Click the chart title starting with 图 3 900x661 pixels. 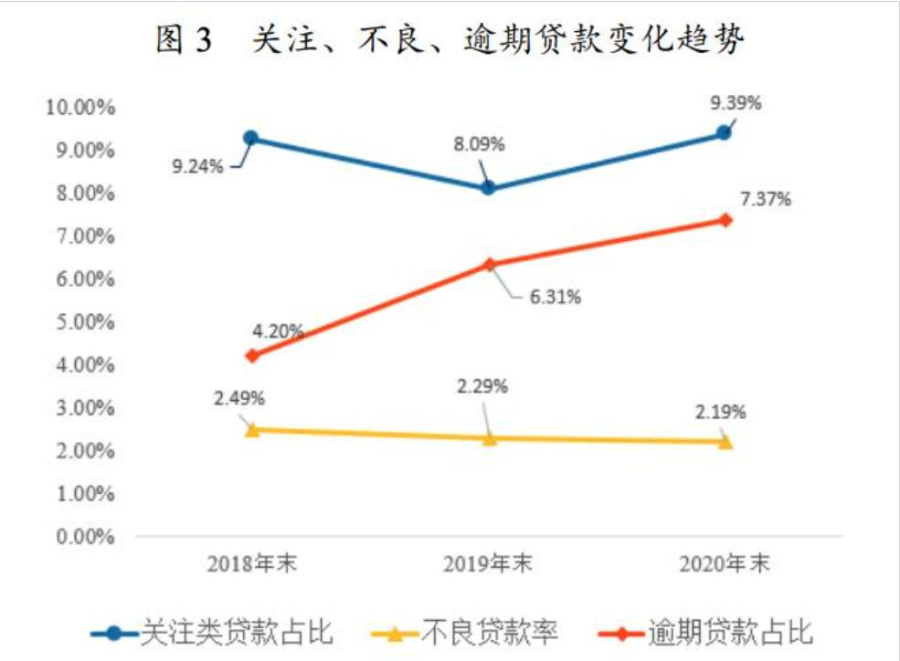point(450,41)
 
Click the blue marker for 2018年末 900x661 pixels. point(250,138)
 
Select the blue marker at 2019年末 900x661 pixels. point(489,187)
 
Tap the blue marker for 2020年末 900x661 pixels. point(724,132)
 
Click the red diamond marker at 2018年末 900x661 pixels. point(252,355)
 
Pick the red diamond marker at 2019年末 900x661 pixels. point(489,265)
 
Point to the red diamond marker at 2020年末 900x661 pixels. point(725,220)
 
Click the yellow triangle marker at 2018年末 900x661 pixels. point(252,429)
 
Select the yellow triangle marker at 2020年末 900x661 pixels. point(725,442)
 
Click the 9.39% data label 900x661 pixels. point(736,103)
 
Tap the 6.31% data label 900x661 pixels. point(555,297)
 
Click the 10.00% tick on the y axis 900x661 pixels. point(79,108)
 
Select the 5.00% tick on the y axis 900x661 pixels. point(83,322)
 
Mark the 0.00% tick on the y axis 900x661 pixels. point(83,537)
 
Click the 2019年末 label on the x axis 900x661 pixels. point(489,564)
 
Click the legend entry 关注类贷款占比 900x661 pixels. point(212,632)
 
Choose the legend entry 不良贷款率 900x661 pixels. point(465,632)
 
